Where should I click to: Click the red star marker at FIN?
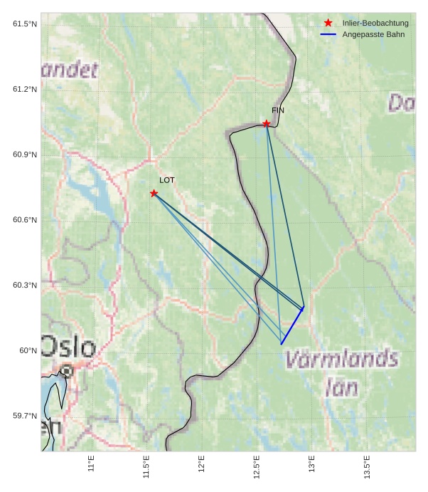[x=267, y=124]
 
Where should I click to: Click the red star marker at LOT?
[x=154, y=194]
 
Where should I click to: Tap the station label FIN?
[x=278, y=110]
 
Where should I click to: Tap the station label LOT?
[x=166, y=180]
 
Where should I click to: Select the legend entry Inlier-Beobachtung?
[x=375, y=23]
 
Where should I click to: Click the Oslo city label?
[x=68, y=348]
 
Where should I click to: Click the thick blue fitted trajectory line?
[x=292, y=326]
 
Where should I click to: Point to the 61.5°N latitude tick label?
[x=25, y=24]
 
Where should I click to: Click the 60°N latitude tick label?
[x=27, y=350]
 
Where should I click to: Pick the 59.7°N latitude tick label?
[x=25, y=416]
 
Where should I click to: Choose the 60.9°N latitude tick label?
[x=25, y=155]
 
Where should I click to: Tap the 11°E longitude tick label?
[x=91, y=464]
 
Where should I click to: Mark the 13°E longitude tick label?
[x=311, y=464]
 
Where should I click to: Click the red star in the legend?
[x=328, y=23]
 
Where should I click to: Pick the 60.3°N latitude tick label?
[x=25, y=286]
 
